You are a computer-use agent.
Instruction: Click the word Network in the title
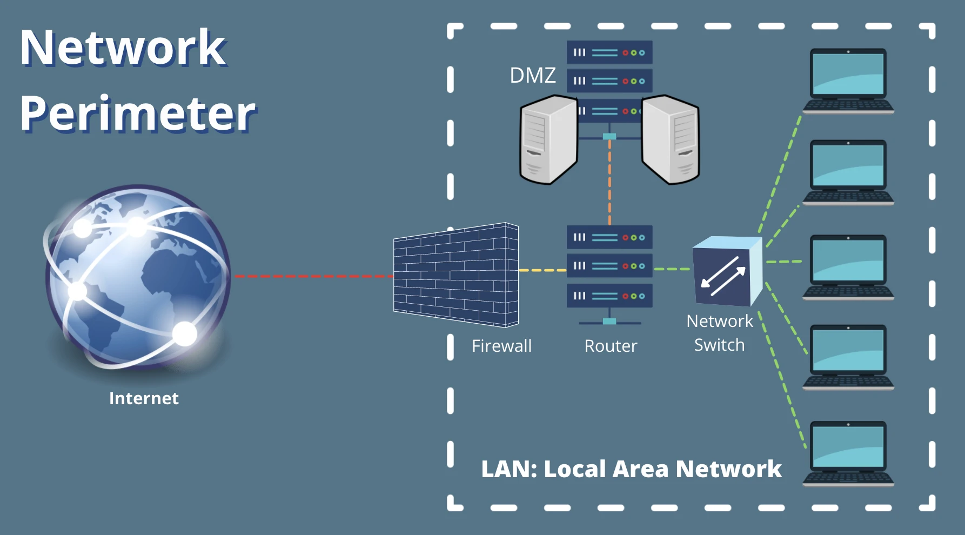(123, 48)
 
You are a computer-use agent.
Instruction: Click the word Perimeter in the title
(138, 114)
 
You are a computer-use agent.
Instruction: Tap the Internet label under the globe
(144, 398)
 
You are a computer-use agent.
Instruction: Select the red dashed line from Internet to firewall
(313, 276)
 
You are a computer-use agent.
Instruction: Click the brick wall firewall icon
(456, 275)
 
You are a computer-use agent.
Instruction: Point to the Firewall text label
(501, 346)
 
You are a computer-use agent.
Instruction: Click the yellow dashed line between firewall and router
(542, 270)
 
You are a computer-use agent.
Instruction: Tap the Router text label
(611, 346)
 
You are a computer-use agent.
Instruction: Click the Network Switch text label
(719, 333)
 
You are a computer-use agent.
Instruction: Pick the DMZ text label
(533, 76)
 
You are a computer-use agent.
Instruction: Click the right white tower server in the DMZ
(672, 140)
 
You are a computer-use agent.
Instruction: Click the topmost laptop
(848, 81)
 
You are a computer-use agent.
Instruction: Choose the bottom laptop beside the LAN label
(848, 453)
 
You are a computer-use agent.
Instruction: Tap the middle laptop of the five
(848, 267)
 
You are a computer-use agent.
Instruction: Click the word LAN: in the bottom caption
(508, 469)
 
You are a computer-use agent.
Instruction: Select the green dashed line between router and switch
(672, 269)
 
